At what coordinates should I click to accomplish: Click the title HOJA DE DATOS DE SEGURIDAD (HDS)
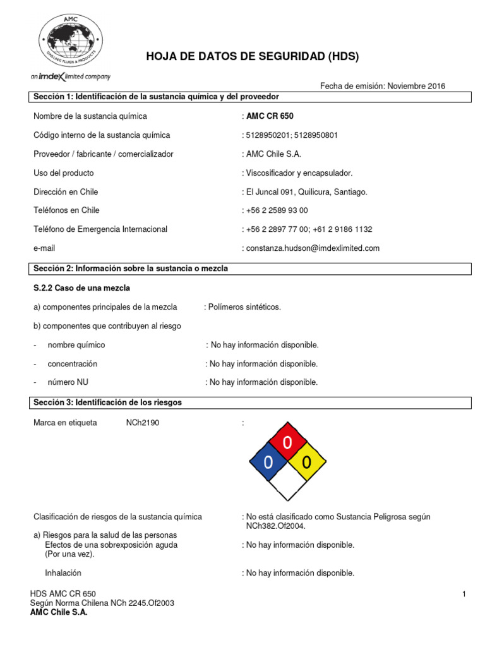tap(252, 57)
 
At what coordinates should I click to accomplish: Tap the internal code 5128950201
tap(268, 135)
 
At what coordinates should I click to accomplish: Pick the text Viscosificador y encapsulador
tap(299, 173)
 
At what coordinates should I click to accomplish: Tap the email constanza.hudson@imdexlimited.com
tap(313, 248)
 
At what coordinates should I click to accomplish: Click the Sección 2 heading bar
tap(251, 269)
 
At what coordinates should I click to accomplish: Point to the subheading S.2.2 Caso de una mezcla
tap(81, 288)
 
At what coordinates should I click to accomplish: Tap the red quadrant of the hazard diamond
tap(287, 443)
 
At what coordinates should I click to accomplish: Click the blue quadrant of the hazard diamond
tap(268, 462)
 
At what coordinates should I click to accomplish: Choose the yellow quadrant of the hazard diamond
tap(307, 462)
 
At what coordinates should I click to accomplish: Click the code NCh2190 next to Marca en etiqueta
tap(143, 423)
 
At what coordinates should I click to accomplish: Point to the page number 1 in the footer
tap(464, 594)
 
